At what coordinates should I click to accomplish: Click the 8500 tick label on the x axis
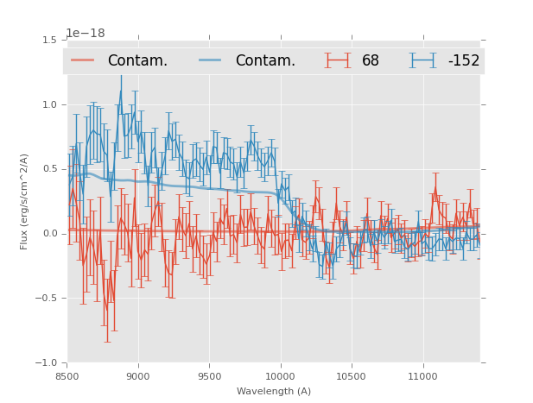point(67,376)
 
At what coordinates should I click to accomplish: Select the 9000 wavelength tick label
point(138,376)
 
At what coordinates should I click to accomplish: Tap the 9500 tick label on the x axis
point(209,376)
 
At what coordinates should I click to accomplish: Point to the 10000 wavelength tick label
point(280,376)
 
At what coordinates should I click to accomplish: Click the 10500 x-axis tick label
point(351,376)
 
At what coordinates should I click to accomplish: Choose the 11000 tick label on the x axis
point(422,376)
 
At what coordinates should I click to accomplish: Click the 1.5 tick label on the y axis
point(49,40)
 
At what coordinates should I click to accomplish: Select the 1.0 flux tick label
point(49,104)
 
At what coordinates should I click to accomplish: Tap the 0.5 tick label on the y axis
point(49,169)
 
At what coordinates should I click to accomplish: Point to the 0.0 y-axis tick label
point(49,234)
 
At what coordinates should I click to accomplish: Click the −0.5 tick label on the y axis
point(47,299)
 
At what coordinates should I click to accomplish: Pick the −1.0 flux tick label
point(47,363)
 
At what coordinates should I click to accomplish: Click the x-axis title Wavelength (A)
point(273,391)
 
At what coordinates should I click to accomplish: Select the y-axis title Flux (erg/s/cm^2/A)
point(24,201)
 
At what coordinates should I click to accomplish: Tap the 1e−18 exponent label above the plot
point(85,33)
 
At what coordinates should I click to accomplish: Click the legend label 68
point(371,61)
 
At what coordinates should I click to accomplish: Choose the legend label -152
point(463,61)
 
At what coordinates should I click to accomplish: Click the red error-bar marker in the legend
point(338,60)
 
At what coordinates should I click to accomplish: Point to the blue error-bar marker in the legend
point(423,60)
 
